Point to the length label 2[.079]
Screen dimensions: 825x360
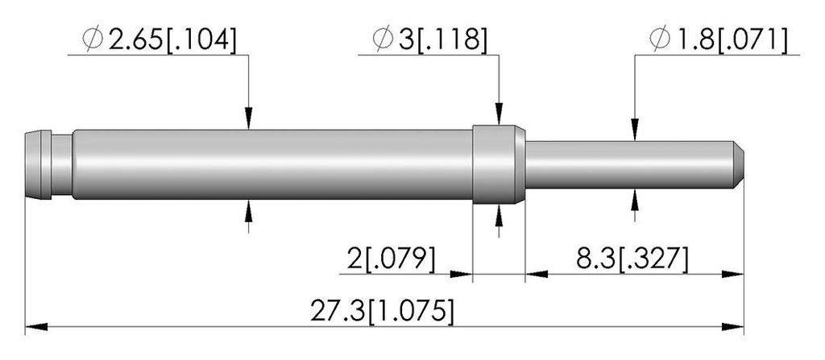pos(391,260)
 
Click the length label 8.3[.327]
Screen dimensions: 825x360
pos(632,260)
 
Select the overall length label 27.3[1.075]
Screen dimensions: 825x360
pos(381,312)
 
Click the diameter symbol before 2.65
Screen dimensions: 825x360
pos(93,39)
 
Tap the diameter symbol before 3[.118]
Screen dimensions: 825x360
pos(383,39)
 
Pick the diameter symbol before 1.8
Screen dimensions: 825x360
pos(660,39)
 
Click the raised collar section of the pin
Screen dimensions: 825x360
pos(499,164)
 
